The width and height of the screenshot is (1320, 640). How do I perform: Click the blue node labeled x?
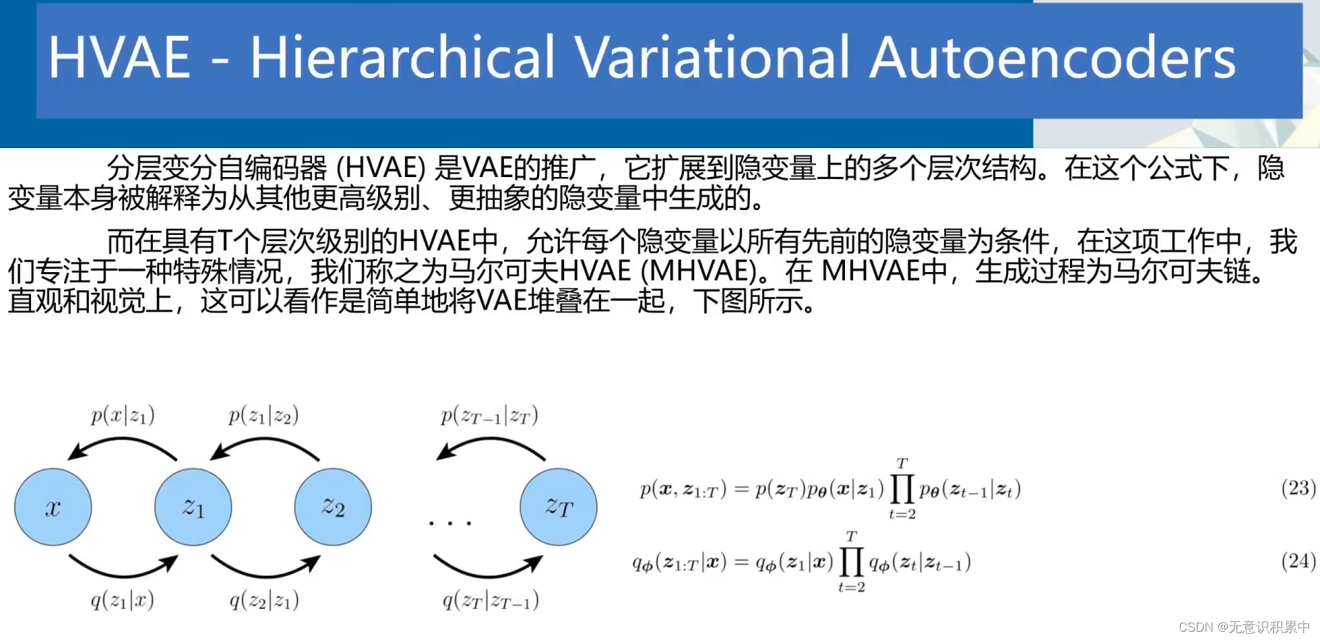[53, 507]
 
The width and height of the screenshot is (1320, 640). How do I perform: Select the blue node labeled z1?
[193, 507]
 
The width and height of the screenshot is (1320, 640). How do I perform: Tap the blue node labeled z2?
[333, 507]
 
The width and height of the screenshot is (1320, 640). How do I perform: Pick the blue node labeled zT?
[558, 507]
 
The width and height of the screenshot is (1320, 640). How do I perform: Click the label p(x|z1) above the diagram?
[123, 415]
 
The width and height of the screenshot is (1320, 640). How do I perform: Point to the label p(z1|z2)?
[264, 415]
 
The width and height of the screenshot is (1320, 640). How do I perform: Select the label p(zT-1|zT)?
[490, 415]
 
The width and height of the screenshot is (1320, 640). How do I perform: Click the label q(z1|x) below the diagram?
[123, 600]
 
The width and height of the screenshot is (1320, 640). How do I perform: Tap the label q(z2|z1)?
[264, 600]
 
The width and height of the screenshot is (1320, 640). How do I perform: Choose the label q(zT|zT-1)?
[490, 600]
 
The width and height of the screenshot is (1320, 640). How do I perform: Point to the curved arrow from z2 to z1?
[264, 441]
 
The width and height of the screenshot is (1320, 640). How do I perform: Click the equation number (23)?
[1298, 488]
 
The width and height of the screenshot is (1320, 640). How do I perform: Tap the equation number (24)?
[1298, 561]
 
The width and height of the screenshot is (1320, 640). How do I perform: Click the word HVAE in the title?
[119, 57]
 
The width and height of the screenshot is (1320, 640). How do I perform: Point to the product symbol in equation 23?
[902, 488]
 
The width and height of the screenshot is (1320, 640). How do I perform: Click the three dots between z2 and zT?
[450, 524]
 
